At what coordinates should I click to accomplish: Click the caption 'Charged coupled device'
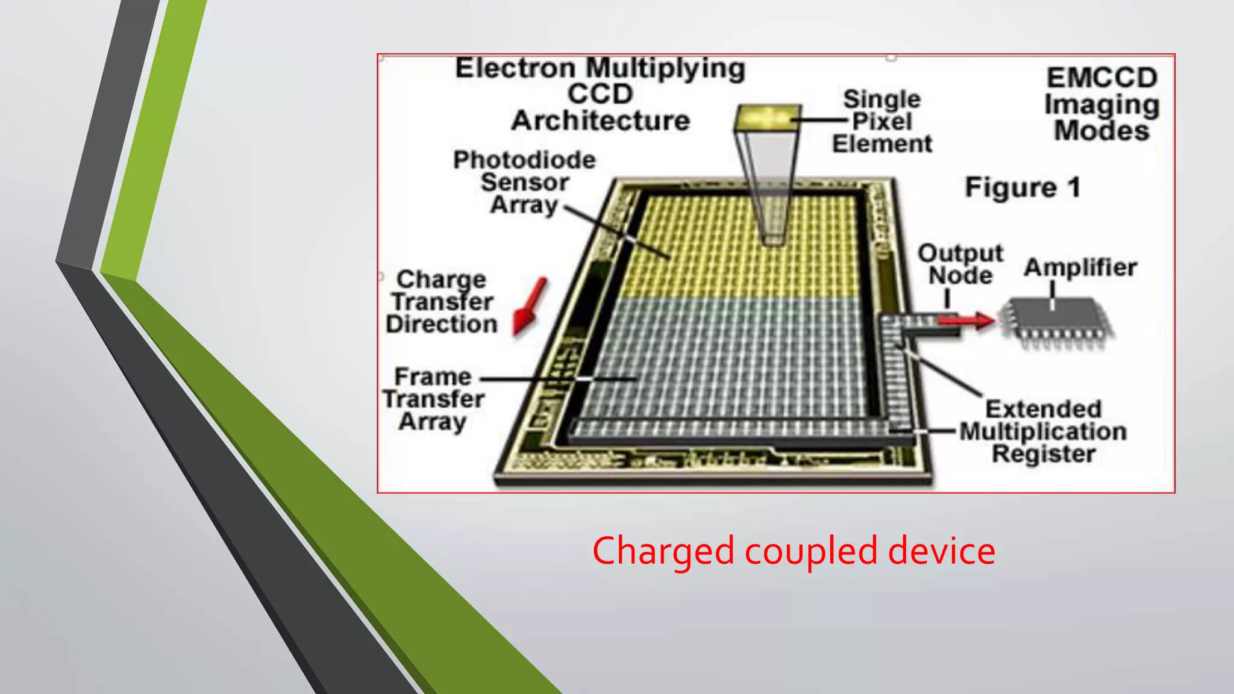pyautogui.click(x=793, y=551)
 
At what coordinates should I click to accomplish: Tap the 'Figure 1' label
pyautogui.click(x=1023, y=187)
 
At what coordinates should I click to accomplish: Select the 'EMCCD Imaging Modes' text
pyautogui.click(x=1101, y=104)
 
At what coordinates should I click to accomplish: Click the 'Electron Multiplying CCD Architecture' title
pyautogui.click(x=600, y=95)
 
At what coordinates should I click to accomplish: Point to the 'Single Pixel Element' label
pyautogui.click(x=882, y=122)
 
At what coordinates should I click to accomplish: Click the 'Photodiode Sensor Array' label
pyautogui.click(x=524, y=182)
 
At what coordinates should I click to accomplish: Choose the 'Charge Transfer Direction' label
pyautogui.click(x=442, y=302)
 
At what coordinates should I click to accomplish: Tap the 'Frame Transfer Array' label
pyautogui.click(x=433, y=399)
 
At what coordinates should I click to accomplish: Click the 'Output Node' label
pyautogui.click(x=960, y=264)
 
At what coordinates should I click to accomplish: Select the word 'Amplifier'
pyautogui.click(x=1080, y=267)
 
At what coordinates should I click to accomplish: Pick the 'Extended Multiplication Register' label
pyautogui.click(x=1043, y=431)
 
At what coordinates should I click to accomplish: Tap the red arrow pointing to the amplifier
pyautogui.click(x=967, y=320)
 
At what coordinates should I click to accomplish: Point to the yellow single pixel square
pyautogui.click(x=767, y=117)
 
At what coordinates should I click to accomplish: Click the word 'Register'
pyautogui.click(x=1044, y=454)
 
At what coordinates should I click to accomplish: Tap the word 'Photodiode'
pyautogui.click(x=524, y=160)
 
